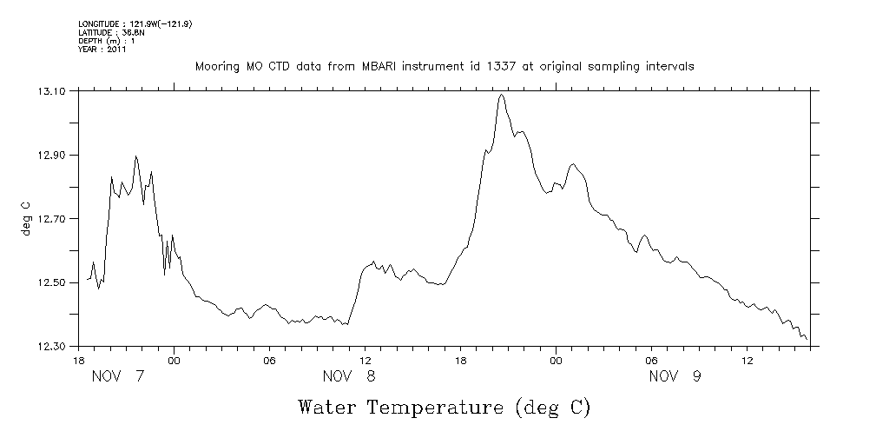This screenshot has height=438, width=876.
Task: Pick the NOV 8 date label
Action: [350, 376]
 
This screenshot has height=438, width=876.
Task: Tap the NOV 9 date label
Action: [675, 376]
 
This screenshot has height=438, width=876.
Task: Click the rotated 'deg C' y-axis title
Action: [26, 218]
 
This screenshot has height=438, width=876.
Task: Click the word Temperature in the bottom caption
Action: [437, 407]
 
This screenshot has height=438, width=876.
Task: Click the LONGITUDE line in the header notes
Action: [135, 23]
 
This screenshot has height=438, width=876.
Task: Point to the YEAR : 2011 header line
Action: [102, 50]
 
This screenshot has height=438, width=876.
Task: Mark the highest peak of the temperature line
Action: [502, 95]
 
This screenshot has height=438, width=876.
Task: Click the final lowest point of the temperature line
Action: [807, 339]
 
